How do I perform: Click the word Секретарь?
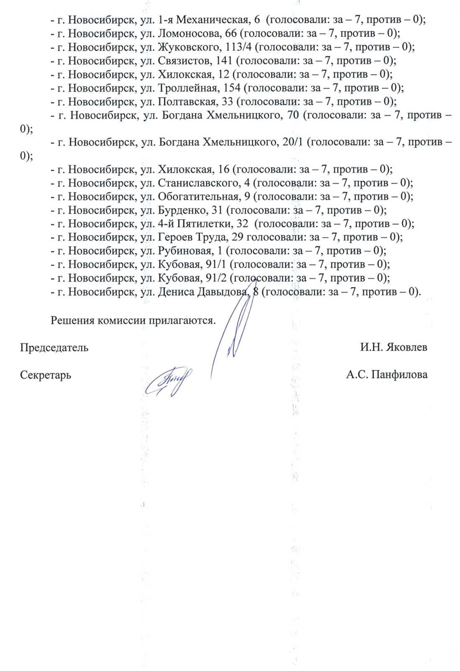(x=45, y=375)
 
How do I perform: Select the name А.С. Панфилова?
(x=387, y=375)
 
